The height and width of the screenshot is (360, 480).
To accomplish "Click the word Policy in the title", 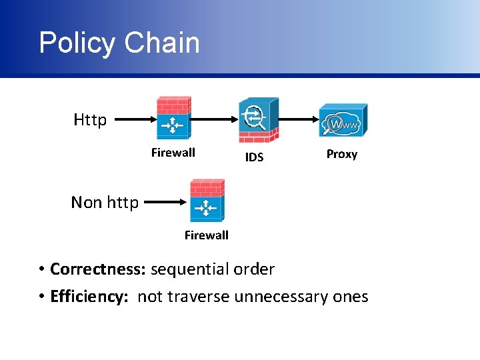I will (x=77, y=43).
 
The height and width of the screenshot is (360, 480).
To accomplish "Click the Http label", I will (x=90, y=120).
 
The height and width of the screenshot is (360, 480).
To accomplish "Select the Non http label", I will (x=105, y=202).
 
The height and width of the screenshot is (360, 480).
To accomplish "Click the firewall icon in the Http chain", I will (x=173, y=118).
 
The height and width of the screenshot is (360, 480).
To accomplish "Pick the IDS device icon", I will (x=258, y=120).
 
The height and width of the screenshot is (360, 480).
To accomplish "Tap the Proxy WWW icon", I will (x=343, y=120).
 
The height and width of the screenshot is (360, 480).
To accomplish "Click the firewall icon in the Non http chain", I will (x=207, y=200).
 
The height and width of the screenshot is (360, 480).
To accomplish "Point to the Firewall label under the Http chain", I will (x=173, y=153).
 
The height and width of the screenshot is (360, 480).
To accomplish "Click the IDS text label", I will (x=254, y=157).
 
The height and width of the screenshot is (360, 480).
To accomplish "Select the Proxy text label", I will (x=342, y=154).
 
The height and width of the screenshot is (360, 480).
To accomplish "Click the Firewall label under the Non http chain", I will (x=207, y=235).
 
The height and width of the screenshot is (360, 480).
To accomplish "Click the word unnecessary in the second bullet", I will (x=283, y=297).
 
